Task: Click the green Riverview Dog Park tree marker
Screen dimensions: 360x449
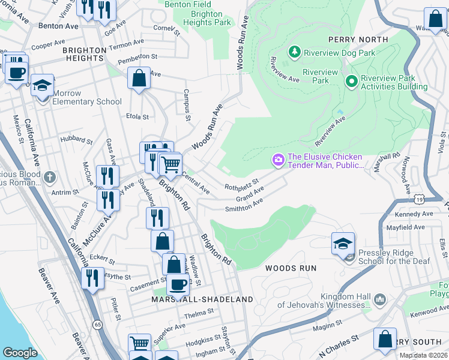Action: pos(294,53)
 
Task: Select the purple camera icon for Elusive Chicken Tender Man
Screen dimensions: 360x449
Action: pos(278,160)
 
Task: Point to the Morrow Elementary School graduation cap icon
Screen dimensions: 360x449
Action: pos(42,85)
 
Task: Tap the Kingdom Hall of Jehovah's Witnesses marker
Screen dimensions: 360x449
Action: pos(379,299)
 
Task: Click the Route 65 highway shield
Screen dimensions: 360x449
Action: pos(97,324)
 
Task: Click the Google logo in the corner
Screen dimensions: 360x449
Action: pos(20,352)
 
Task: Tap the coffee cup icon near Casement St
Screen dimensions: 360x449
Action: pos(176,283)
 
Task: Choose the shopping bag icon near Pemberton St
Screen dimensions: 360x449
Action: pos(139,77)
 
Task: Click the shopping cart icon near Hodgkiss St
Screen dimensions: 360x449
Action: pos(140,344)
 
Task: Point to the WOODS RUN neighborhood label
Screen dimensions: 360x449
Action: pos(291,268)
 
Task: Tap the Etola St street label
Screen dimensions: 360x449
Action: pos(137,116)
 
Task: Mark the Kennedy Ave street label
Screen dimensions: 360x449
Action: pos(414,214)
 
